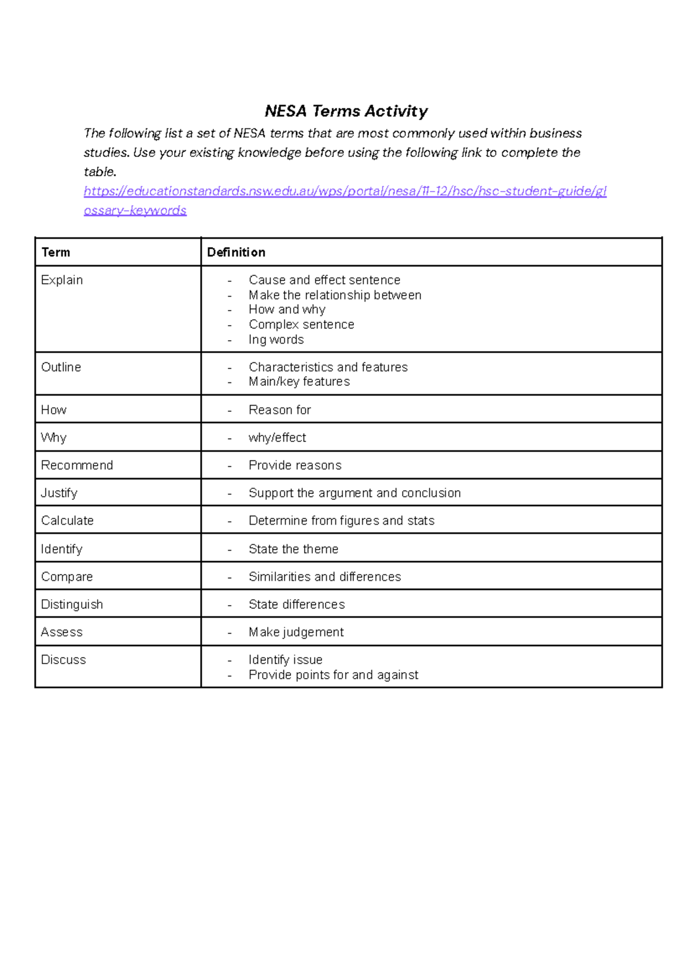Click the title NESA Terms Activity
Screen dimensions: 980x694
(346, 111)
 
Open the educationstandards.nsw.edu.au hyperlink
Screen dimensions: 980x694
(345, 191)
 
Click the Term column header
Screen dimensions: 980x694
(56, 252)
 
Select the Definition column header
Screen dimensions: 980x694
(236, 252)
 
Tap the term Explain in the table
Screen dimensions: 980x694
(62, 280)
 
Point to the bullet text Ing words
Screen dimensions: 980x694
(276, 340)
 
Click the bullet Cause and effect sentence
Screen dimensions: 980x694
(324, 280)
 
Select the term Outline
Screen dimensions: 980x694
(61, 367)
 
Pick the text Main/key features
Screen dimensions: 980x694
(299, 382)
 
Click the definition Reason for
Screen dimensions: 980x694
(279, 410)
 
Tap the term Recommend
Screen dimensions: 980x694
(77, 466)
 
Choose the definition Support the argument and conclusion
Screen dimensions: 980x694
(355, 493)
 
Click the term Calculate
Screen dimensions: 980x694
(67, 521)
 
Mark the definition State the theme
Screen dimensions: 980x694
(293, 549)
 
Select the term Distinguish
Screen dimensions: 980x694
(72, 605)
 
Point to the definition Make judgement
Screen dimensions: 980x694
(296, 632)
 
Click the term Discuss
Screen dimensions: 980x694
(63, 660)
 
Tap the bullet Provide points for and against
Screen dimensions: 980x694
(333, 675)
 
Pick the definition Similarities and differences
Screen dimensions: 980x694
(324, 577)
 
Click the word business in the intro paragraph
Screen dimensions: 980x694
(555, 134)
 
